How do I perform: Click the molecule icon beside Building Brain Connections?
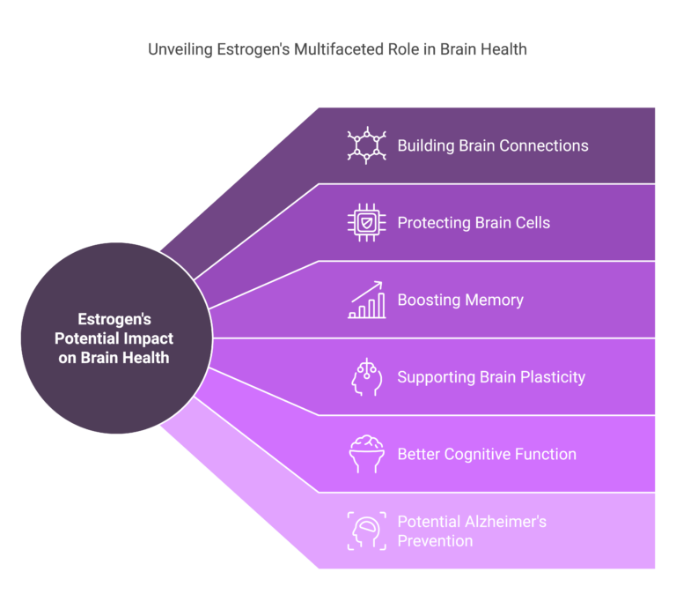(366, 145)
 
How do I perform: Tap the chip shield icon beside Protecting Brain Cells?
(366, 223)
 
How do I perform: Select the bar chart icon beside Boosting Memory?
(366, 300)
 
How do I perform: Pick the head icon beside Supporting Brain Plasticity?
(366, 377)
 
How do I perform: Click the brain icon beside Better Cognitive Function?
(366, 454)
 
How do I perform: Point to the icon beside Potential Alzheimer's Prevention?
(366, 531)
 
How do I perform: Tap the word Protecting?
(434, 223)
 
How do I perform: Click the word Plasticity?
(553, 377)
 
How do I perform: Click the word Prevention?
(436, 541)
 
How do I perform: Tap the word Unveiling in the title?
(180, 49)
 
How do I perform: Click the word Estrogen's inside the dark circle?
(114, 319)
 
